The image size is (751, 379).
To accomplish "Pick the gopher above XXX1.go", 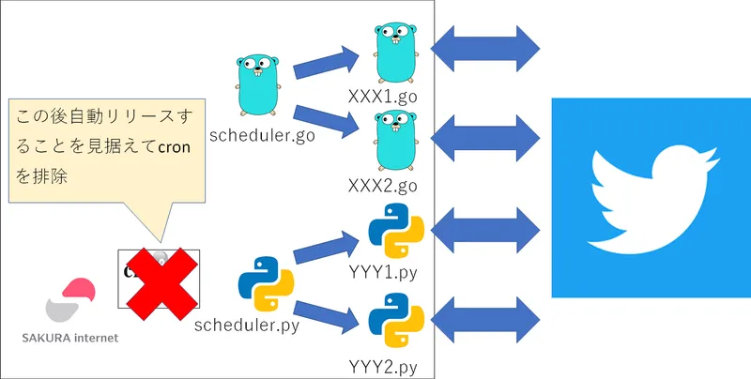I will click(x=393, y=53).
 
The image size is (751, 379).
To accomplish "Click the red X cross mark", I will click(x=160, y=282).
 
